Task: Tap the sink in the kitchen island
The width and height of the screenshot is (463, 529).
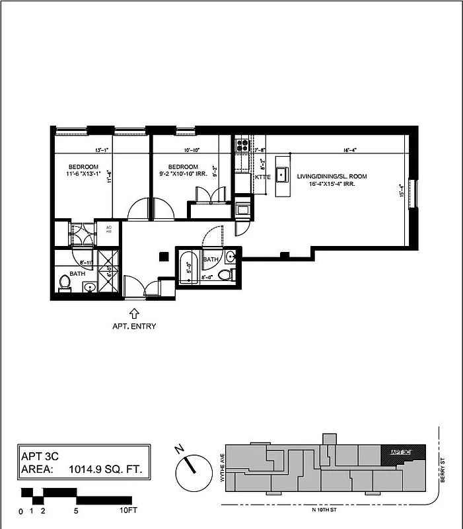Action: click(x=282, y=175)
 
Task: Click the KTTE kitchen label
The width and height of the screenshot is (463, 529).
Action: click(x=262, y=178)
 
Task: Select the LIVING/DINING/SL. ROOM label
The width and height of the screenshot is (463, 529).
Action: click(x=332, y=176)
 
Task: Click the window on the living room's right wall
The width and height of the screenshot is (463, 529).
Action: click(x=415, y=194)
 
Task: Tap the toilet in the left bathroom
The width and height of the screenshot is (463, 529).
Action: click(x=65, y=283)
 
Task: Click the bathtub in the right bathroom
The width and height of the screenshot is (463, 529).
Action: click(x=188, y=267)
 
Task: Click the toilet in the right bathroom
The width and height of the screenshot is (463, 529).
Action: click(x=227, y=274)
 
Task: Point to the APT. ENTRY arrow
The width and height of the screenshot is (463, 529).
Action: click(x=135, y=313)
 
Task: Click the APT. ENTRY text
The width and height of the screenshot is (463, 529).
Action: click(x=134, y=326)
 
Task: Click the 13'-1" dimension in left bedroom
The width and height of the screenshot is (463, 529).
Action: click(x=102, y=150)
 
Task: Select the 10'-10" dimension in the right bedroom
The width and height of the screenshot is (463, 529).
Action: click(x=192, y=150)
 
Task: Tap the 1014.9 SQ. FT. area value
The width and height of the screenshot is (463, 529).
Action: click(x=105, y=470)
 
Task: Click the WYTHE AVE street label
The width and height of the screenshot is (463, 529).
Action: click(x=222, y=468)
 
